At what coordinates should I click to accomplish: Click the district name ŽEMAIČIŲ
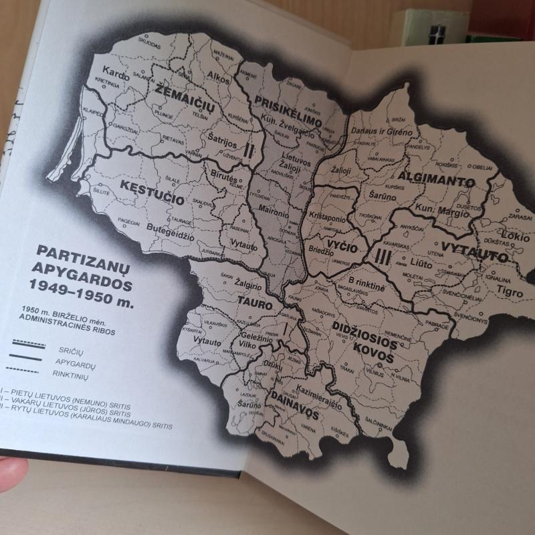pos(176,98)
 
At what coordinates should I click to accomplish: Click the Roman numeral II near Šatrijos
pos(249,151)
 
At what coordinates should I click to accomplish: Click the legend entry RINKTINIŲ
pos(78,369)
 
